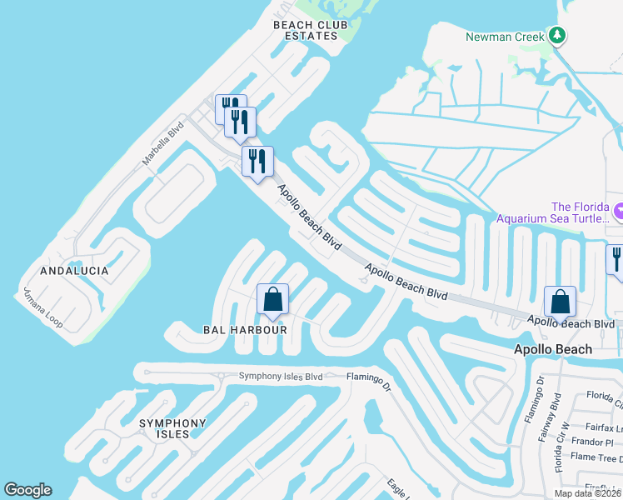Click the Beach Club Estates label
[x=311, y=30]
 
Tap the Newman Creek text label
[x=505, y=37]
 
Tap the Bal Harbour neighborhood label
[x=245, y=330]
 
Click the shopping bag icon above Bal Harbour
[x=272, y=299]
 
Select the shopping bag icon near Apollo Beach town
[x=561, y=302]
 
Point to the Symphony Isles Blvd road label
[x=281, y=376]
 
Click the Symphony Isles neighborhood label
[x=172, y=429]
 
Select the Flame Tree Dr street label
[x=596, y=457]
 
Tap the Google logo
[x=27, y=490]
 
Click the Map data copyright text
[x=588, y=493]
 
